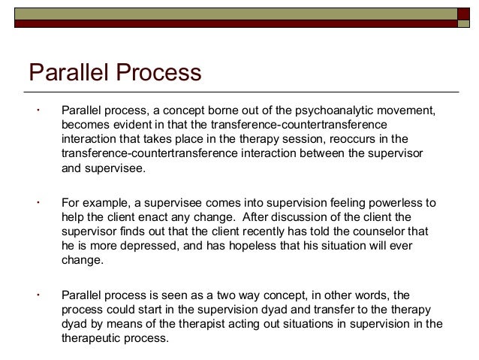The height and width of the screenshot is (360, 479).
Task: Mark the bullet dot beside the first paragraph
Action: [x=36, y=110]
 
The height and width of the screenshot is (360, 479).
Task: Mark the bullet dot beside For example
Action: [x=36, y=203]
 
